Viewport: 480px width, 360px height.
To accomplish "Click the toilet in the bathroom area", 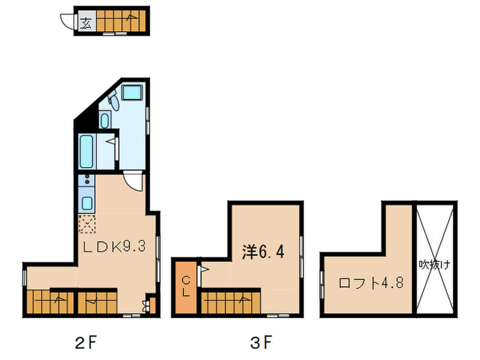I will [x=111, y=104].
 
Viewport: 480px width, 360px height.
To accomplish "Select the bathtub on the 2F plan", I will [x=87, y=152].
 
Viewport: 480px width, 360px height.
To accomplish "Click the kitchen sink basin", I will [x=87, y=202].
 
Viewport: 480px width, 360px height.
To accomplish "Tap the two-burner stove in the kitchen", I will [x=87, y=183].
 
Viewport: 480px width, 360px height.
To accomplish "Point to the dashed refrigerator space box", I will [x=87, y=223].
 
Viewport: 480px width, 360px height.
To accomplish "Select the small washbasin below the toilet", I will [x=104, y=121].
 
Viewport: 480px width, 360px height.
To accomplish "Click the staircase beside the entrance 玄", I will [x=119, y=23].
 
